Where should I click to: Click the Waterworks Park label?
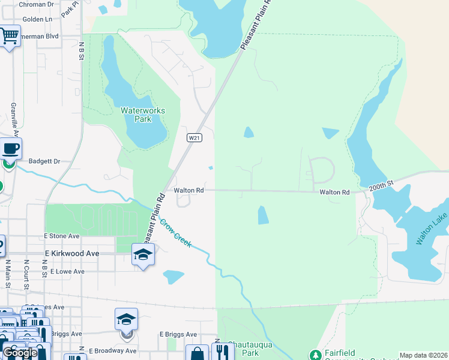[x=142, y=115]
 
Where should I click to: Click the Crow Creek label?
[x=175, y=233]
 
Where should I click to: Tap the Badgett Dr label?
[x=45, y=161]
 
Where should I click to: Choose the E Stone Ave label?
[x=61, y=236]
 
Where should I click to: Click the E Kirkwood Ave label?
[x=72, y=254]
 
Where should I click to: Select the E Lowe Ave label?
[x=68, y=271]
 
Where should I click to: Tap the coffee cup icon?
[x=11, y=148]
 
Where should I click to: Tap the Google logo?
[x=20, y=353]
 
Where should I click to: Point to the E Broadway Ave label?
[x=113, y=350]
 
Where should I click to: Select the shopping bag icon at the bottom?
[x=197, y=354]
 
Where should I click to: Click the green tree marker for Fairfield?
[x=315, y=355]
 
